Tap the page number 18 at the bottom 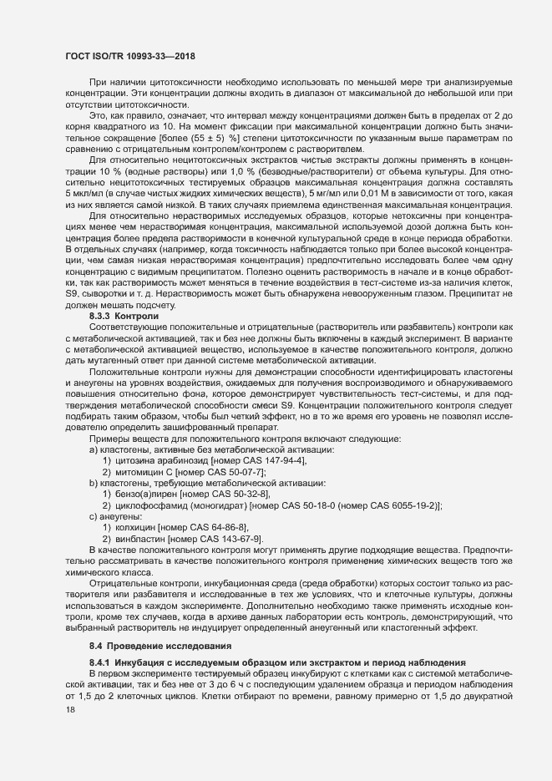[69, 733]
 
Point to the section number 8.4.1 [101, 662]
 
